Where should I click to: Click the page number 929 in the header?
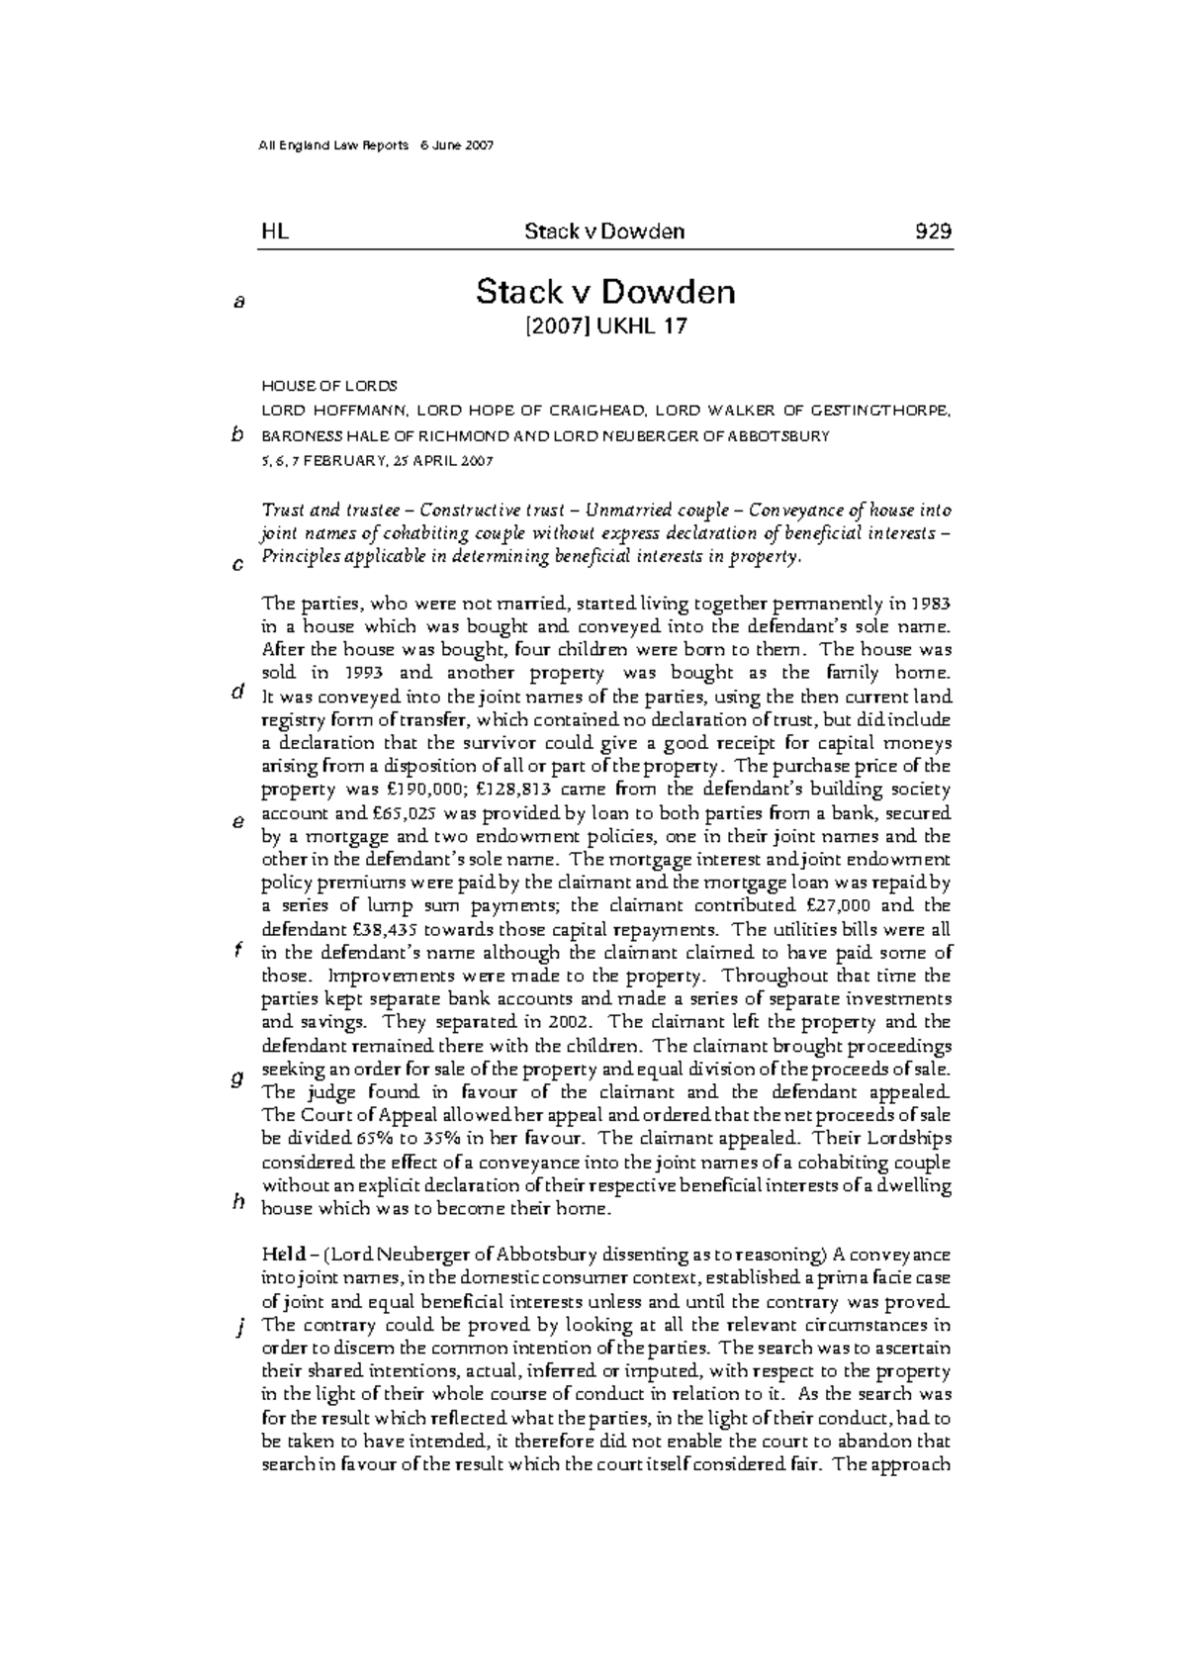933,232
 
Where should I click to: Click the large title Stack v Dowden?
605,292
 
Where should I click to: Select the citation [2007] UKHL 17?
605,327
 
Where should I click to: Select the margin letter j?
238,1328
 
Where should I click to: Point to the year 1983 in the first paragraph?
931,603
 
